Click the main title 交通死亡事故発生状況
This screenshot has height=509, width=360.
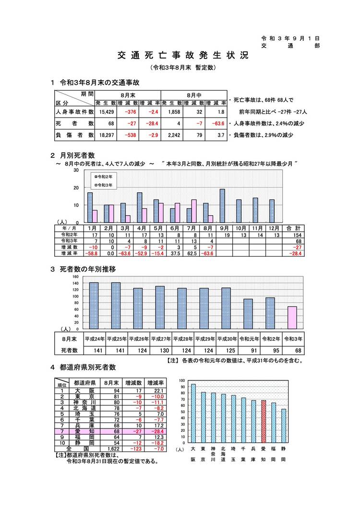[183, 56]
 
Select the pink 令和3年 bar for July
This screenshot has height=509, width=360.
[194, 211]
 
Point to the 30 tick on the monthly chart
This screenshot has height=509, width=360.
[75, 171]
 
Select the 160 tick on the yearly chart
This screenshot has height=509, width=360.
[75, 277]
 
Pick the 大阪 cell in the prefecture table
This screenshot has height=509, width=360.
[84, 391]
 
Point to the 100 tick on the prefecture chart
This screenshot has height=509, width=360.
[181, 380]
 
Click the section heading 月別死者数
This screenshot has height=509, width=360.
[77, 155]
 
